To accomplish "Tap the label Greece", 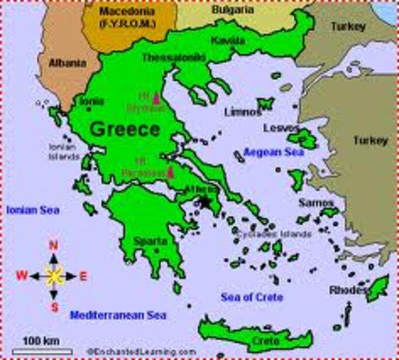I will [x=124, y=129].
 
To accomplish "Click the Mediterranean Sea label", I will [x=118, y=315].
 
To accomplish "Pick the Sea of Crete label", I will [x=252, y=297].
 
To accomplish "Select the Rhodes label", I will [x=348, y=290].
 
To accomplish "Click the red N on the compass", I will [x=53, y=245].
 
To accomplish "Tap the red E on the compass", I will [x=83, y=276].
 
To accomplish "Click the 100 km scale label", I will [x=41, y=341].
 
